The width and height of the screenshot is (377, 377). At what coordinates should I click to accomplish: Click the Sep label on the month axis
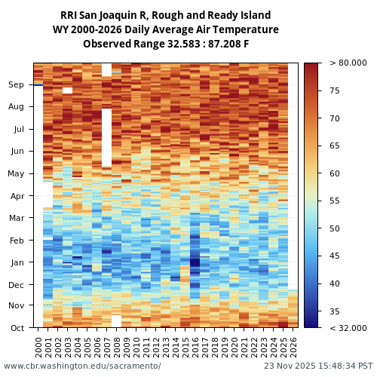[x=16, y=85]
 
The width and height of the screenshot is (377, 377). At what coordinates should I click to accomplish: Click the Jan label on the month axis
[x=17, y=262]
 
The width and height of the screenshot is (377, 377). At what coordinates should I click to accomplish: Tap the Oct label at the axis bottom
[x=17, y=328]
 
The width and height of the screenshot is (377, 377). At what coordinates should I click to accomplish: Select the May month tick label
[x=16, y=174]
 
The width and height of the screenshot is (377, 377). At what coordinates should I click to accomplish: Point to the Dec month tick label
[x=16, y=285]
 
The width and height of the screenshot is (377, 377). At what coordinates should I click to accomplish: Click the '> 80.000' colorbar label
[x=348, y=63]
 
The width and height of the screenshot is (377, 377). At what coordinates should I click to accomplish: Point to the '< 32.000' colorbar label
[x=348, y=328]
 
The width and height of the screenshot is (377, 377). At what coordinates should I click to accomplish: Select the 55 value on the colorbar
[x=334, y=201]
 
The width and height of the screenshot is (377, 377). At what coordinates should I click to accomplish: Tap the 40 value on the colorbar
[x=334, y=284]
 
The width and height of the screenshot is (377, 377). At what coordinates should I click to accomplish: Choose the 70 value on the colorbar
[x=334, y=118]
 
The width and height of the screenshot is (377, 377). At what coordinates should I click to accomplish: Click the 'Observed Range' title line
[x=165, y=44]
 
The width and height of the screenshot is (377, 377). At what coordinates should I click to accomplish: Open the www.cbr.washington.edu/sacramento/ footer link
[x=82, y=366]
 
